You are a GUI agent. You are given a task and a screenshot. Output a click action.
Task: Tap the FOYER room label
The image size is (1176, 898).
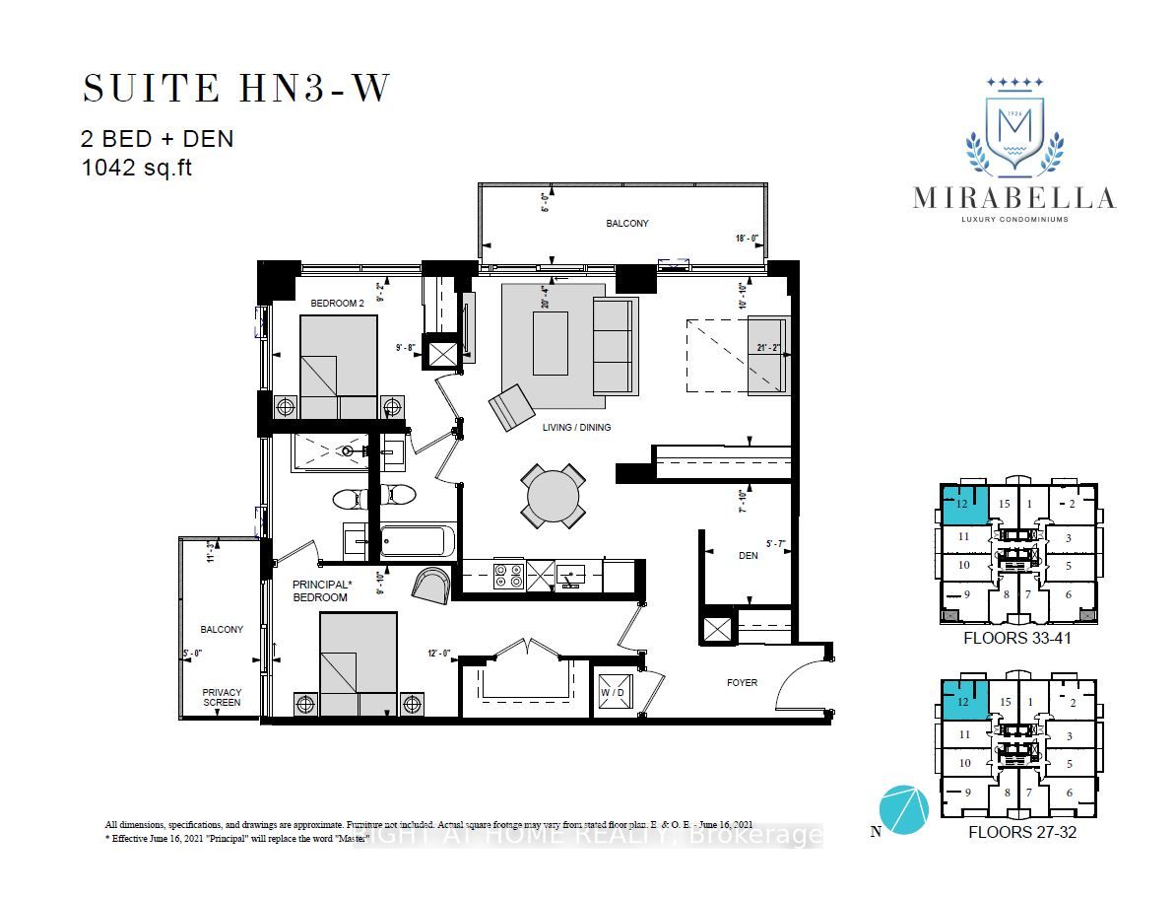(743, 682)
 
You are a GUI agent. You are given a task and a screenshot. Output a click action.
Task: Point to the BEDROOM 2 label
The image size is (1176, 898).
(338, 304)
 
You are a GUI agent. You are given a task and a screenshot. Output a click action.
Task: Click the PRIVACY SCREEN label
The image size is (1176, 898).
(222, 698)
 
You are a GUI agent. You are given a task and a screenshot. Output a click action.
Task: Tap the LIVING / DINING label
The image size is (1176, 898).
(577, 428)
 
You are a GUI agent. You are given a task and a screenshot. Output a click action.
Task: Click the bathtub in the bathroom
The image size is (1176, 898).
(418, 541)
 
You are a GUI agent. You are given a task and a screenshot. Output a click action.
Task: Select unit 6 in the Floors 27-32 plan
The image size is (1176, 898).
(1069, 794)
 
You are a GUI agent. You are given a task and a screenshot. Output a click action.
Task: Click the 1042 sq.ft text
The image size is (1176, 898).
(138, 168)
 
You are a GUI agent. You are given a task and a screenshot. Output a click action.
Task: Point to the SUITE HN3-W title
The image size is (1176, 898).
(236, 89)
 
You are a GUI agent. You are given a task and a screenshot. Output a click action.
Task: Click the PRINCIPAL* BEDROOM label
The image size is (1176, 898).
(320, 590)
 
